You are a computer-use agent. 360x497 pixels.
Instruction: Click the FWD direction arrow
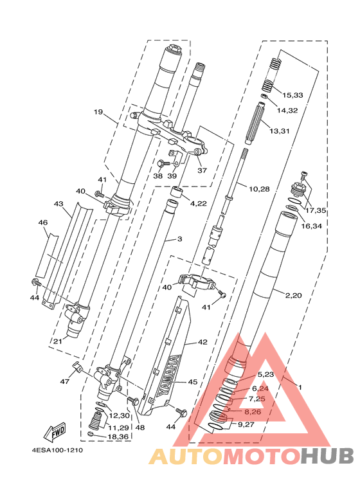pos(55,432)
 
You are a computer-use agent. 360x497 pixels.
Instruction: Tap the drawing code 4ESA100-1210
pos(57,450)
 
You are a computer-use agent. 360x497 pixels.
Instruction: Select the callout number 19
pos(98,112)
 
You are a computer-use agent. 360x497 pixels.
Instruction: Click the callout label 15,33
pos(292,95)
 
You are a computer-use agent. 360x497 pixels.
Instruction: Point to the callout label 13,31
pos(280,131)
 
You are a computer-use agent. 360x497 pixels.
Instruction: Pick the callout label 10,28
pos(259,189)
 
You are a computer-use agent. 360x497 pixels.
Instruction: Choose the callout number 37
pos(202,170)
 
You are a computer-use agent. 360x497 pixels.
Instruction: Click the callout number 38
pos(157,176)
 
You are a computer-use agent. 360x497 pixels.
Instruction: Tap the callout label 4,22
pos(198,203)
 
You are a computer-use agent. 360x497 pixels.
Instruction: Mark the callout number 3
pos(180,239)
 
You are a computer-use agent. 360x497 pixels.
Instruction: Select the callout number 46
pos(43,222)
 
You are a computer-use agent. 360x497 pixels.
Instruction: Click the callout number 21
pos(57,341)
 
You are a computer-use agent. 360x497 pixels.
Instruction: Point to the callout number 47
pos(65,382)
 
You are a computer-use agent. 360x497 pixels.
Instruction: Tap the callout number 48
pos(139,428)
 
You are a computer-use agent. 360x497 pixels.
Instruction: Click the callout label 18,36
pos(118,437)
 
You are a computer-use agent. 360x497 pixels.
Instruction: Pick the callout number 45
pos(193,382)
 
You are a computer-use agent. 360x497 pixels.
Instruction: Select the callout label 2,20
pos(293,295)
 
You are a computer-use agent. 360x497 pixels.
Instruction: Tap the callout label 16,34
pos(312,226)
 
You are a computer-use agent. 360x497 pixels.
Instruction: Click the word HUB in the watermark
pos(327,456)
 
